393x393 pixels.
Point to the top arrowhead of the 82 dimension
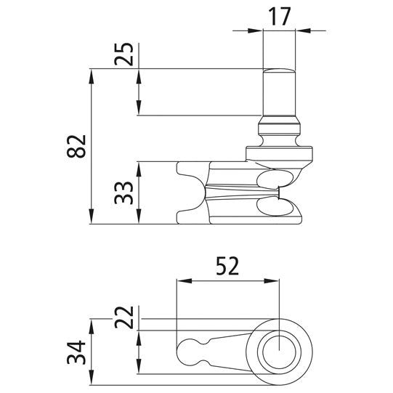click(92, 74)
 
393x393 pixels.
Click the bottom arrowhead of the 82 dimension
click(92, 219)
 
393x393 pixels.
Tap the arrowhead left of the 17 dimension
click(256, 31)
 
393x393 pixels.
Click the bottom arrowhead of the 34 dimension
click(92, 378)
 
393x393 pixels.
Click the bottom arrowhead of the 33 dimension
click(137, 219)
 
